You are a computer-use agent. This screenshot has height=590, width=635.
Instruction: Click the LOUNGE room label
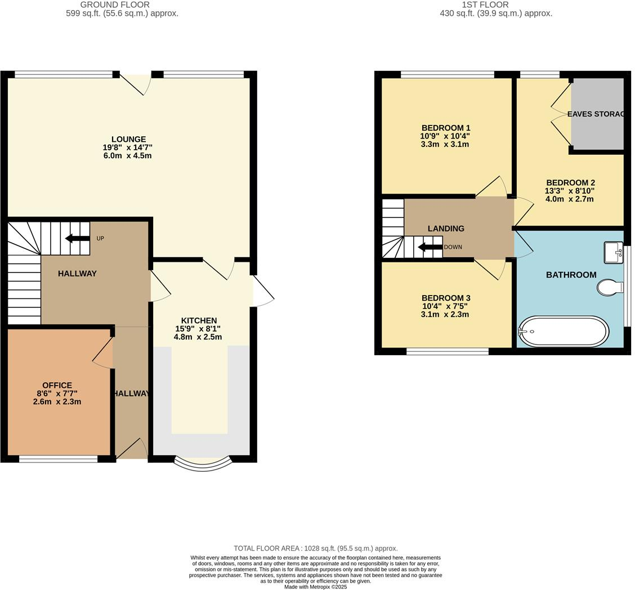[x=128, y=140]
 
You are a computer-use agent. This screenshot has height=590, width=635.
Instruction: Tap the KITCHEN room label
[x=199, y=321]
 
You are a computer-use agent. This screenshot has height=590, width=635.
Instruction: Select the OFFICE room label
[x=57, y=386]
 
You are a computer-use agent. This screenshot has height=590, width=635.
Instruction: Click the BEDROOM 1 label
[x=445, y=128]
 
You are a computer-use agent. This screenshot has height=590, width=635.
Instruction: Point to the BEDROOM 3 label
[x=445, y=298]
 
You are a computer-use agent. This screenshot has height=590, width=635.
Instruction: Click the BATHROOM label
[x=571, y=275]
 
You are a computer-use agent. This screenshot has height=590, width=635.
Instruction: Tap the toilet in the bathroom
[x=610, y=288]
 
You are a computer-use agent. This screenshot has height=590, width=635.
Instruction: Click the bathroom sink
[x=613, y=252]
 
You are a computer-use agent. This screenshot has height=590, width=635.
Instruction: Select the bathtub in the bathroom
[x=563, y=331]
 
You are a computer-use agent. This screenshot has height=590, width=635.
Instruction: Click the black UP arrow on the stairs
[x=77, y=238]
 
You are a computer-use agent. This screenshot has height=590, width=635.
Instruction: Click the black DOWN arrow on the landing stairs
[x=430, y=247]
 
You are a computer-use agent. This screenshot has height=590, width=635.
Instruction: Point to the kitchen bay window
[x=203, y=463]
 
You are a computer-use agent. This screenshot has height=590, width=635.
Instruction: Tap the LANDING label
[x=446, y=229]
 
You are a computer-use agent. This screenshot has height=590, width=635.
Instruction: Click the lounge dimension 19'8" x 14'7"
[x=128, y=147]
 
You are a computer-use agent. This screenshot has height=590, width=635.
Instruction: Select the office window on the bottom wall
[x=58, y=459]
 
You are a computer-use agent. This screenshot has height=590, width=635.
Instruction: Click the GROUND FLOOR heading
[x=115, y=5]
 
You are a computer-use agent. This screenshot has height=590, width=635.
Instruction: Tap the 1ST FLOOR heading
[x=485, y=5]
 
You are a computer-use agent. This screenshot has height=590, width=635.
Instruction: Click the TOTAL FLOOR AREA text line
[x=315, y=548]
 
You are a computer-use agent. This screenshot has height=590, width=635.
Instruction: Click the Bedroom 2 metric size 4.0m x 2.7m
[x=570, y=199]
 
